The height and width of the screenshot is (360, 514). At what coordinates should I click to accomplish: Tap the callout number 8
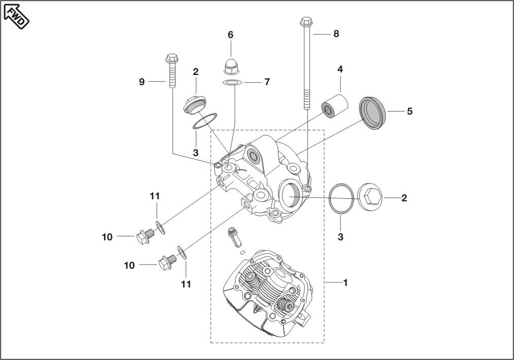point(336,34)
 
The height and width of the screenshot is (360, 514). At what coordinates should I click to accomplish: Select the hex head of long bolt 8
point(305,22)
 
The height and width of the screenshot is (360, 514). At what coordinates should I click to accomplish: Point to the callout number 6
point(230,34)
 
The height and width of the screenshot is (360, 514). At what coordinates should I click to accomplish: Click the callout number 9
point(142,82)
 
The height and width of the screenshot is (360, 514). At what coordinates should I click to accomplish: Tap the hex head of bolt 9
point(172,59)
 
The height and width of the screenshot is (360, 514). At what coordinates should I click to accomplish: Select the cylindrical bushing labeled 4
point(334,105)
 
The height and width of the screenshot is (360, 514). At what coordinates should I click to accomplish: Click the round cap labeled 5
point(373,113)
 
